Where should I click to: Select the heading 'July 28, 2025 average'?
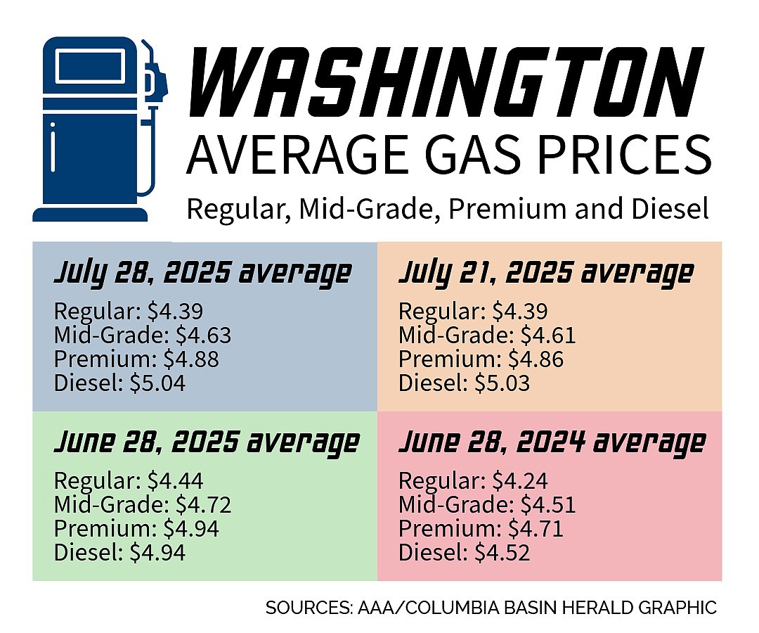point(202,272)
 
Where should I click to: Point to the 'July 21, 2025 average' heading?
point(546,272)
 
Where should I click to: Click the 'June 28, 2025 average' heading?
point(207,443)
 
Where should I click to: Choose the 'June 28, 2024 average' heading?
point(552,443)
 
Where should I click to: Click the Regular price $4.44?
point(175,481)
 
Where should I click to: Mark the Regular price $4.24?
point(519,481)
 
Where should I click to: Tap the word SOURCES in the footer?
point(304,608)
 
